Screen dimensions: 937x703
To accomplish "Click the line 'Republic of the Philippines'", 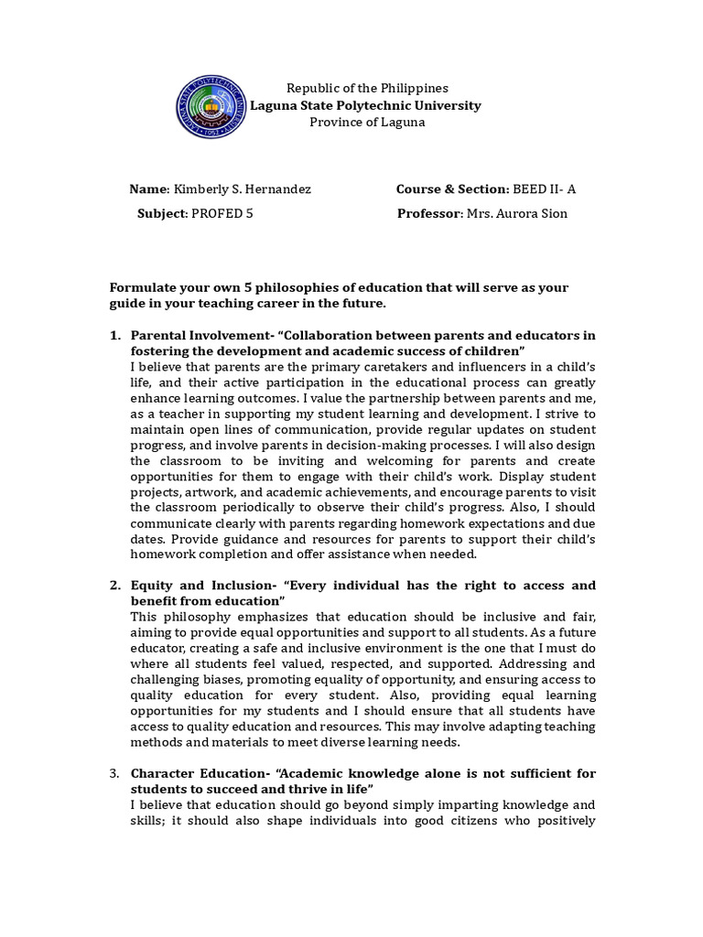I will pyautogui.click(x=367, y=88).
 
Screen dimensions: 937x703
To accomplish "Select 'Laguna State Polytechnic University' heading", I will pyautogui.click(x=366, y=105).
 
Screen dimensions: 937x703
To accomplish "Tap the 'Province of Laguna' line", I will pyautogui.click(x=367, y=123).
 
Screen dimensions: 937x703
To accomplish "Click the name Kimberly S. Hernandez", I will pyautogui.click(x=242, y=189).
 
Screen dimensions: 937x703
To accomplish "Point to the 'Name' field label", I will pyautogui.click(x=148, y=189).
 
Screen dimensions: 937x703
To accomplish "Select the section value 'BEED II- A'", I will pyautogui.click(x=545, y=189).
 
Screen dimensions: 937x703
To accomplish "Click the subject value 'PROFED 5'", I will pyautogui.click(x=221, y=213).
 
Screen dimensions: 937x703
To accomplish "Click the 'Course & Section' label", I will pyautogui.click(x=451, y=189).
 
